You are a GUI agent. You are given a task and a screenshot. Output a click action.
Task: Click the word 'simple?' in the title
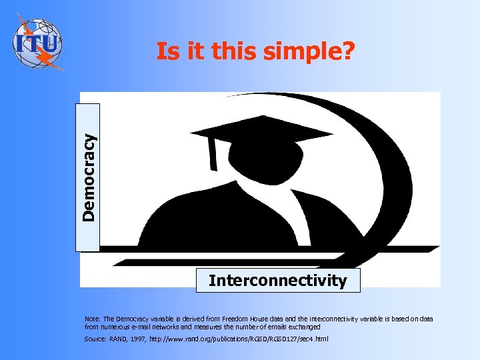pyautogui.click(x=313, y=51)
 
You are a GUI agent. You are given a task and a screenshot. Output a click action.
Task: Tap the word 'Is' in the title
pyautogui.click(x=167, y=51)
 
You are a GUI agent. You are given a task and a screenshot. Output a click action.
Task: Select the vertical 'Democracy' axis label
pyautogui.click(x=89, y=177)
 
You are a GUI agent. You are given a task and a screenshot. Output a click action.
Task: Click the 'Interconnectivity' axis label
pyautogui.click(x=277, y=281)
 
